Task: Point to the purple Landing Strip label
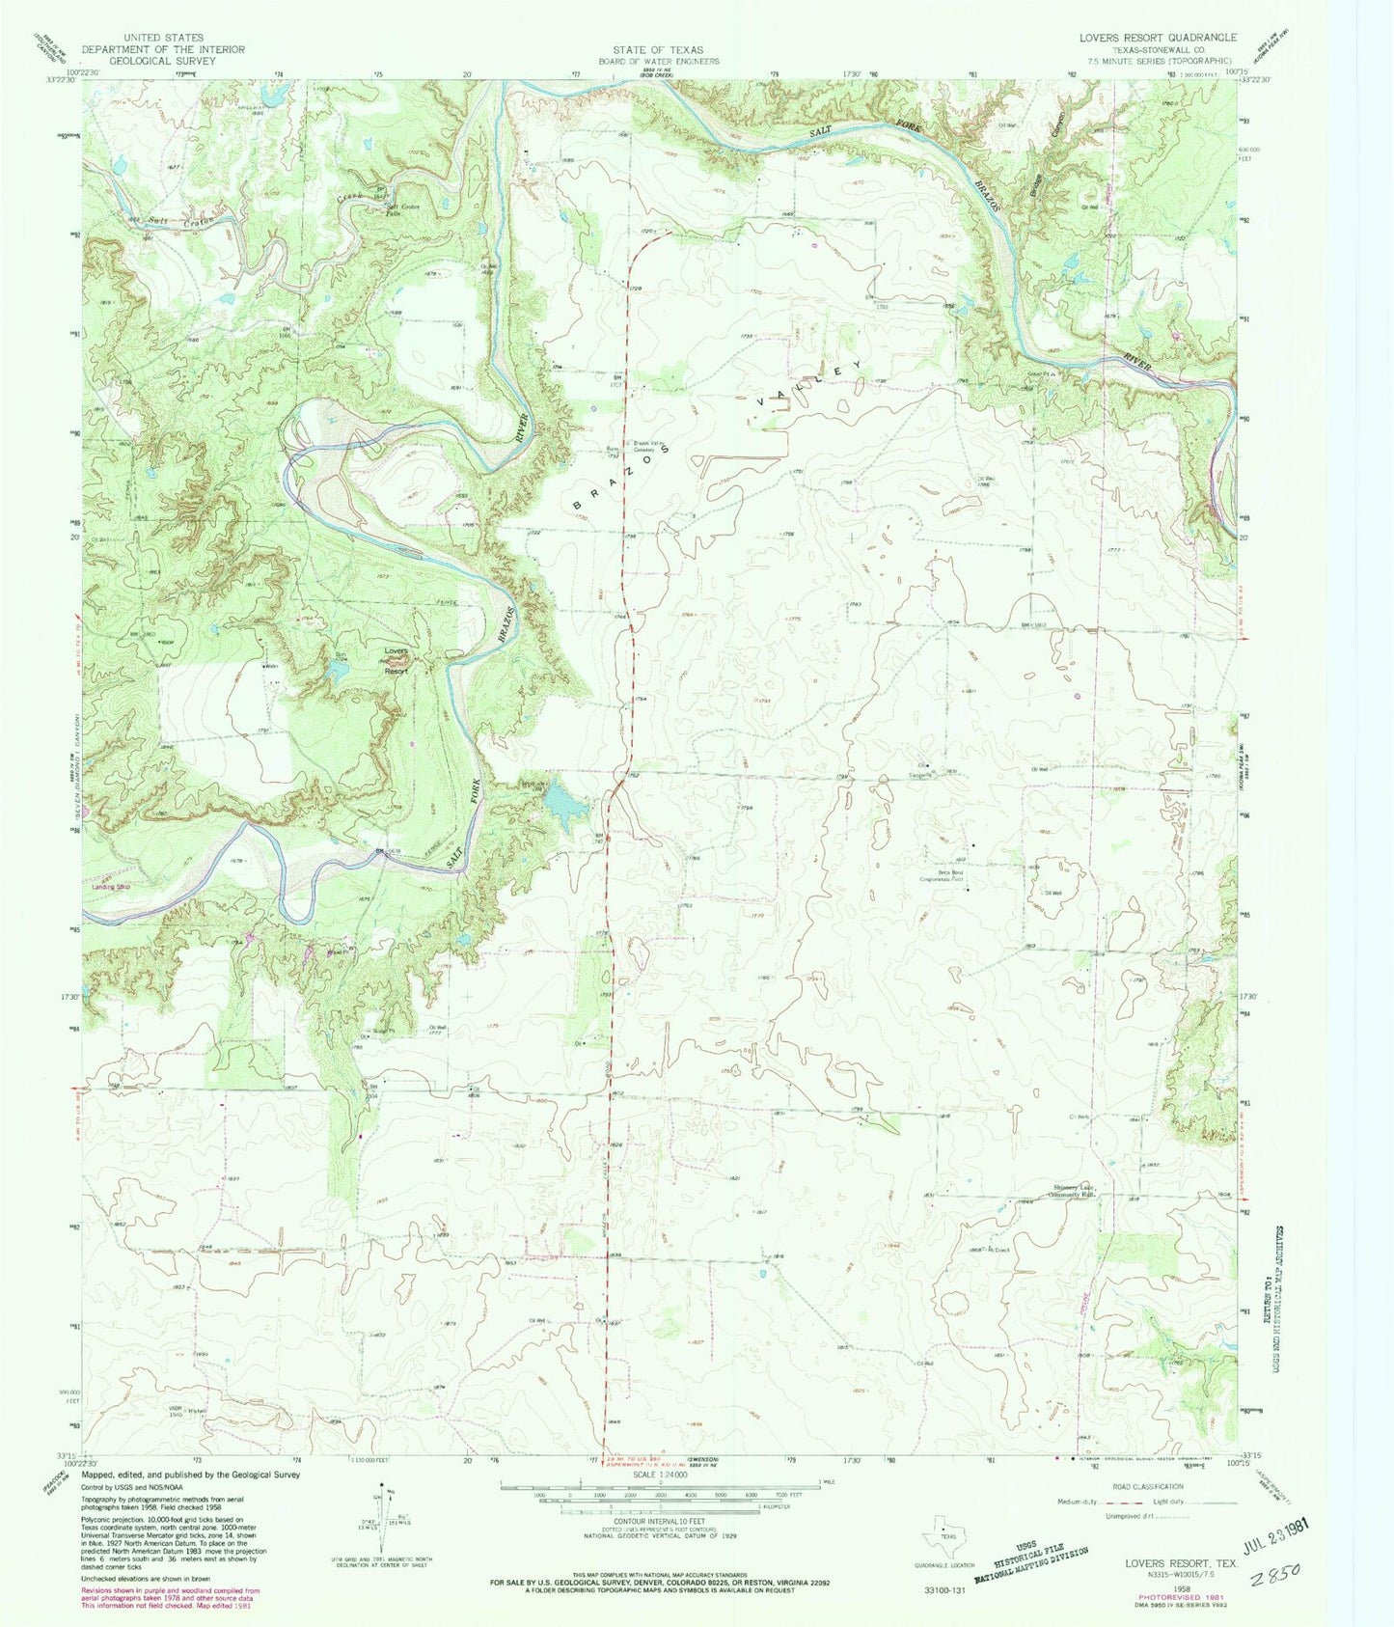pyautogui.click(x=111, y=885)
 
